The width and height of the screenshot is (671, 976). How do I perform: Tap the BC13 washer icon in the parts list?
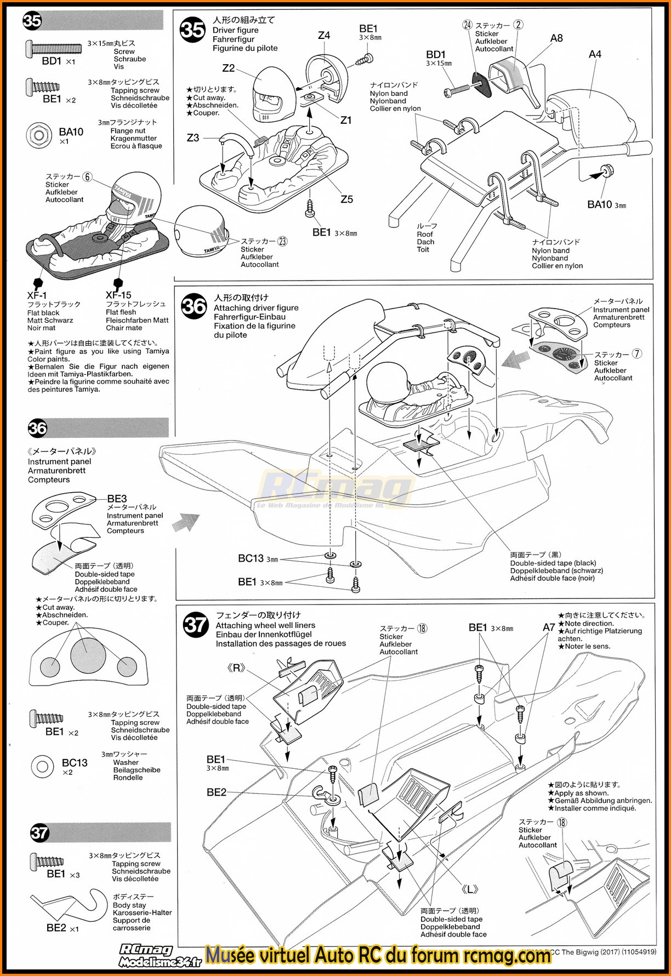pos(42,766)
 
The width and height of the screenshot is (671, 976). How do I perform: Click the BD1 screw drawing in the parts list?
pos(53,48)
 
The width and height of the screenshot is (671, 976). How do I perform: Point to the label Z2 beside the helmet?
pos(229,69)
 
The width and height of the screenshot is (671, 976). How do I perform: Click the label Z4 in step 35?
pos(324,36)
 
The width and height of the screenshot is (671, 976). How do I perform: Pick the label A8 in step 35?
pos(556,38)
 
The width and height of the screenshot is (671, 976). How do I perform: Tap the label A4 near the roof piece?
pos(595,54)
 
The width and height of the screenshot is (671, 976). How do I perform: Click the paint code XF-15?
pos(118,295)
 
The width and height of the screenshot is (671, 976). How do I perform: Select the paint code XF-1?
pos(37,295)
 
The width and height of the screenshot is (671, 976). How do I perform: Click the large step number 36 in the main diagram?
pos(194,306)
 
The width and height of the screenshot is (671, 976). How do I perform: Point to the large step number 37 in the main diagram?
pos(195,624)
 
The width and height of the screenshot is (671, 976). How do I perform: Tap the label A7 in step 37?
pos(549,627)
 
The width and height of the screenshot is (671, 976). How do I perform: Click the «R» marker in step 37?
pos(236,668)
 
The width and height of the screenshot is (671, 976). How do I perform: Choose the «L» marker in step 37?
pos(470,889)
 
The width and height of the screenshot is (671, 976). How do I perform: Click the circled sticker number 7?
pos(637,354)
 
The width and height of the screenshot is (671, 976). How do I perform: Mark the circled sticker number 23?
pos(282,241)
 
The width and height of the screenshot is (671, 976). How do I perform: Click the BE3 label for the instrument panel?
pos(117,499)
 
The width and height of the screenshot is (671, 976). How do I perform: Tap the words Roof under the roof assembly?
pos(425,234)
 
